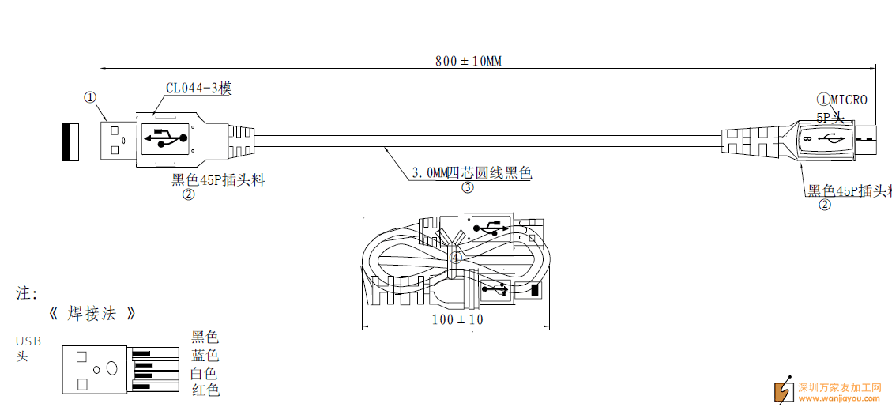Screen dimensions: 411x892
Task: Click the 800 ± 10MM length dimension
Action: (x=468, y=62)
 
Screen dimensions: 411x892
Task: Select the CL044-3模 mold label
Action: (x=198, y=89)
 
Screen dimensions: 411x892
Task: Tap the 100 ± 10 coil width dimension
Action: (x=457, y=320)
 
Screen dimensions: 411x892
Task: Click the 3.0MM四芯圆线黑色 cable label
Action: (x=472, y=172)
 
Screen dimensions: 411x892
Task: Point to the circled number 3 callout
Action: (x=468, y=187)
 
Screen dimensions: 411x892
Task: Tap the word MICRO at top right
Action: (x=849, y=100)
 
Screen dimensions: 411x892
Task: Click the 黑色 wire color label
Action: (x=205, y=337)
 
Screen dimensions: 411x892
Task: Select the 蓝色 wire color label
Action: (x=205, y=356)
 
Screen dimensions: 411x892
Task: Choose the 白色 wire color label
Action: (x=205, y=373)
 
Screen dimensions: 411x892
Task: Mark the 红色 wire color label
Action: (x=205, y=390)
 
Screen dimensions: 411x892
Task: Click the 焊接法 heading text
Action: (x=92, y=314)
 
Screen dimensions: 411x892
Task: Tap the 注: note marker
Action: (x=27, y=293)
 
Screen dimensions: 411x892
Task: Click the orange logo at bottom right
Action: (x=784, y=390)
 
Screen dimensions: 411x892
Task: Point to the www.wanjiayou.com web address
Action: (x=840, y=398)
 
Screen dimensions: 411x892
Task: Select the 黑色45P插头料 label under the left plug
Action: (x=218, y=180)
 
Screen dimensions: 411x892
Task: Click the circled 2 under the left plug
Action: (x=188, y=194)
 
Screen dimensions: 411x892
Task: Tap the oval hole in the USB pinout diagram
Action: (x=112, y=368)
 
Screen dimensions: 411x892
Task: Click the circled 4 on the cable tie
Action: (x=455, y=257)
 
